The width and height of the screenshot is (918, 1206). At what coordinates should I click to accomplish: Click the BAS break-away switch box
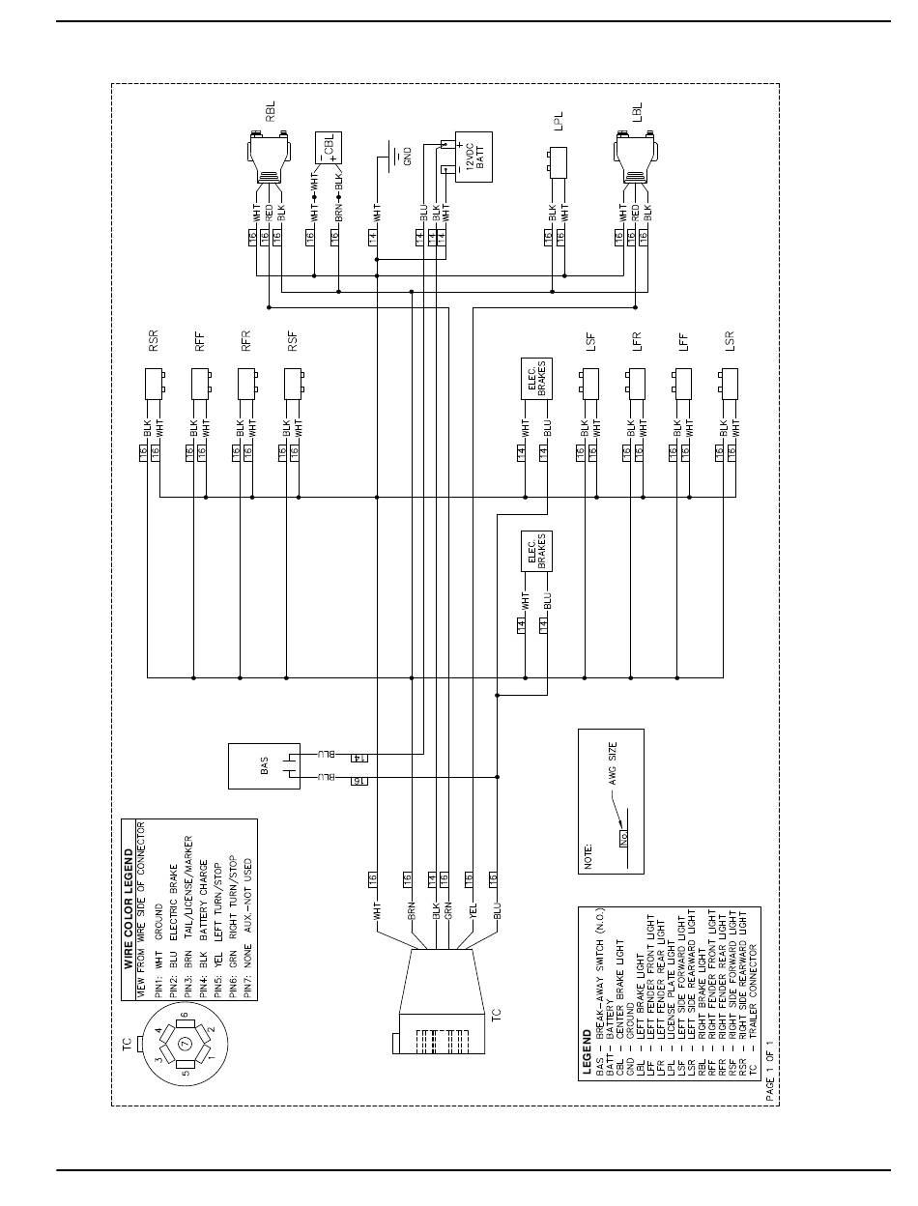coord(260,766)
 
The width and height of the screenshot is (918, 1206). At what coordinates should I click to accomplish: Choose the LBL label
coord(635,112)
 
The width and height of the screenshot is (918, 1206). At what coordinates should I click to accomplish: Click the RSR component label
coord(153,345)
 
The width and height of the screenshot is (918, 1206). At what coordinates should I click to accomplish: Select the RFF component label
coord(200,345)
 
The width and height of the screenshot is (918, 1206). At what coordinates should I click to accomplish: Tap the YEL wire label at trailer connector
coord(473,909)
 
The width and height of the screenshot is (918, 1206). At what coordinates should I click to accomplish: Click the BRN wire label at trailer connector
coord(411,909)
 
